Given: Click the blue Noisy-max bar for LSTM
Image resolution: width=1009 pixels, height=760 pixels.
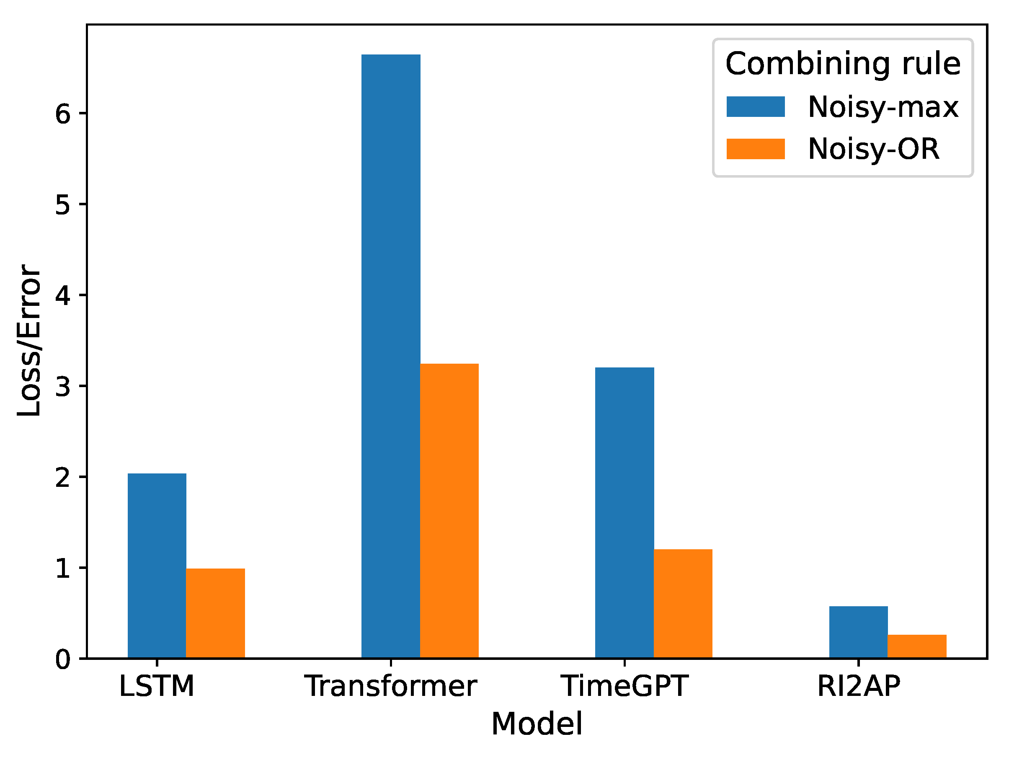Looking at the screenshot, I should pyautogui.click(x=157, y=566).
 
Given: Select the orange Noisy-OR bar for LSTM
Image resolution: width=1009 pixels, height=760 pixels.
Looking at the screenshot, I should pyautogui.click(x=215, y=613).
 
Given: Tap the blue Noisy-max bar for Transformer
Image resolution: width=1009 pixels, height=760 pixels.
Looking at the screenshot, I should pyautogui.click(x=391, y=356).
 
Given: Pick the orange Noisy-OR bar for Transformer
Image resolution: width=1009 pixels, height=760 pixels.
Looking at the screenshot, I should pyautogui.click(x=449, y=510).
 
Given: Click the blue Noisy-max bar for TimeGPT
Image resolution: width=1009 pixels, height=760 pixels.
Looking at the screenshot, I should pyautogui.click(x=624, y=513).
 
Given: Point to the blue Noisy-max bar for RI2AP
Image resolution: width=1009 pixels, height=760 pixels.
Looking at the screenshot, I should pyautogui.click(x=859, y=632).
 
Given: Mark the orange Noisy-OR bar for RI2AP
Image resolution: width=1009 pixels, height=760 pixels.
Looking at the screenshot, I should pyautogui.click(x=917, y=646).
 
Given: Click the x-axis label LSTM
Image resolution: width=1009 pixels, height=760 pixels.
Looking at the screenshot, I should pyautogui.click(x=157, y=686).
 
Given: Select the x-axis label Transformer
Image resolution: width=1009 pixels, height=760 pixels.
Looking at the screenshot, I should pyautogui.click(x=391, y=686).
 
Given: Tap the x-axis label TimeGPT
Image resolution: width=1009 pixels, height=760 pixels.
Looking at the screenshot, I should pyautogui.click(x=624, y=686).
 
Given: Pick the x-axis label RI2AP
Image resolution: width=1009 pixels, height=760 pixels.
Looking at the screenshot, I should pyautogui.click(x=859, y=686).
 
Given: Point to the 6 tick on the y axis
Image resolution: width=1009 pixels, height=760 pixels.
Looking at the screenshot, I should pyautogui.click(x=63, y=114).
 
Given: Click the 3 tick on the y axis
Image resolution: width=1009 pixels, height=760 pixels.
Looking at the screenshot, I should pyautogui.click(x=63, y=386).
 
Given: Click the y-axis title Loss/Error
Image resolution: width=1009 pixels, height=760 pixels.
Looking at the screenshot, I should pyautogui.click(x=29, y=340).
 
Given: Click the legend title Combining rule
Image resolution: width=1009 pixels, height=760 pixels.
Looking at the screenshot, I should pyautogui.click(x=843, y=63).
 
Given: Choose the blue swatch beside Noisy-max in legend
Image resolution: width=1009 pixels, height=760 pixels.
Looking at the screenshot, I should pyautogui.click(x=755, y=107).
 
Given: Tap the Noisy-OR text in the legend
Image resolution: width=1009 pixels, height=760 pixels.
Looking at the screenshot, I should pyautogui.click(x=874, y=149).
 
